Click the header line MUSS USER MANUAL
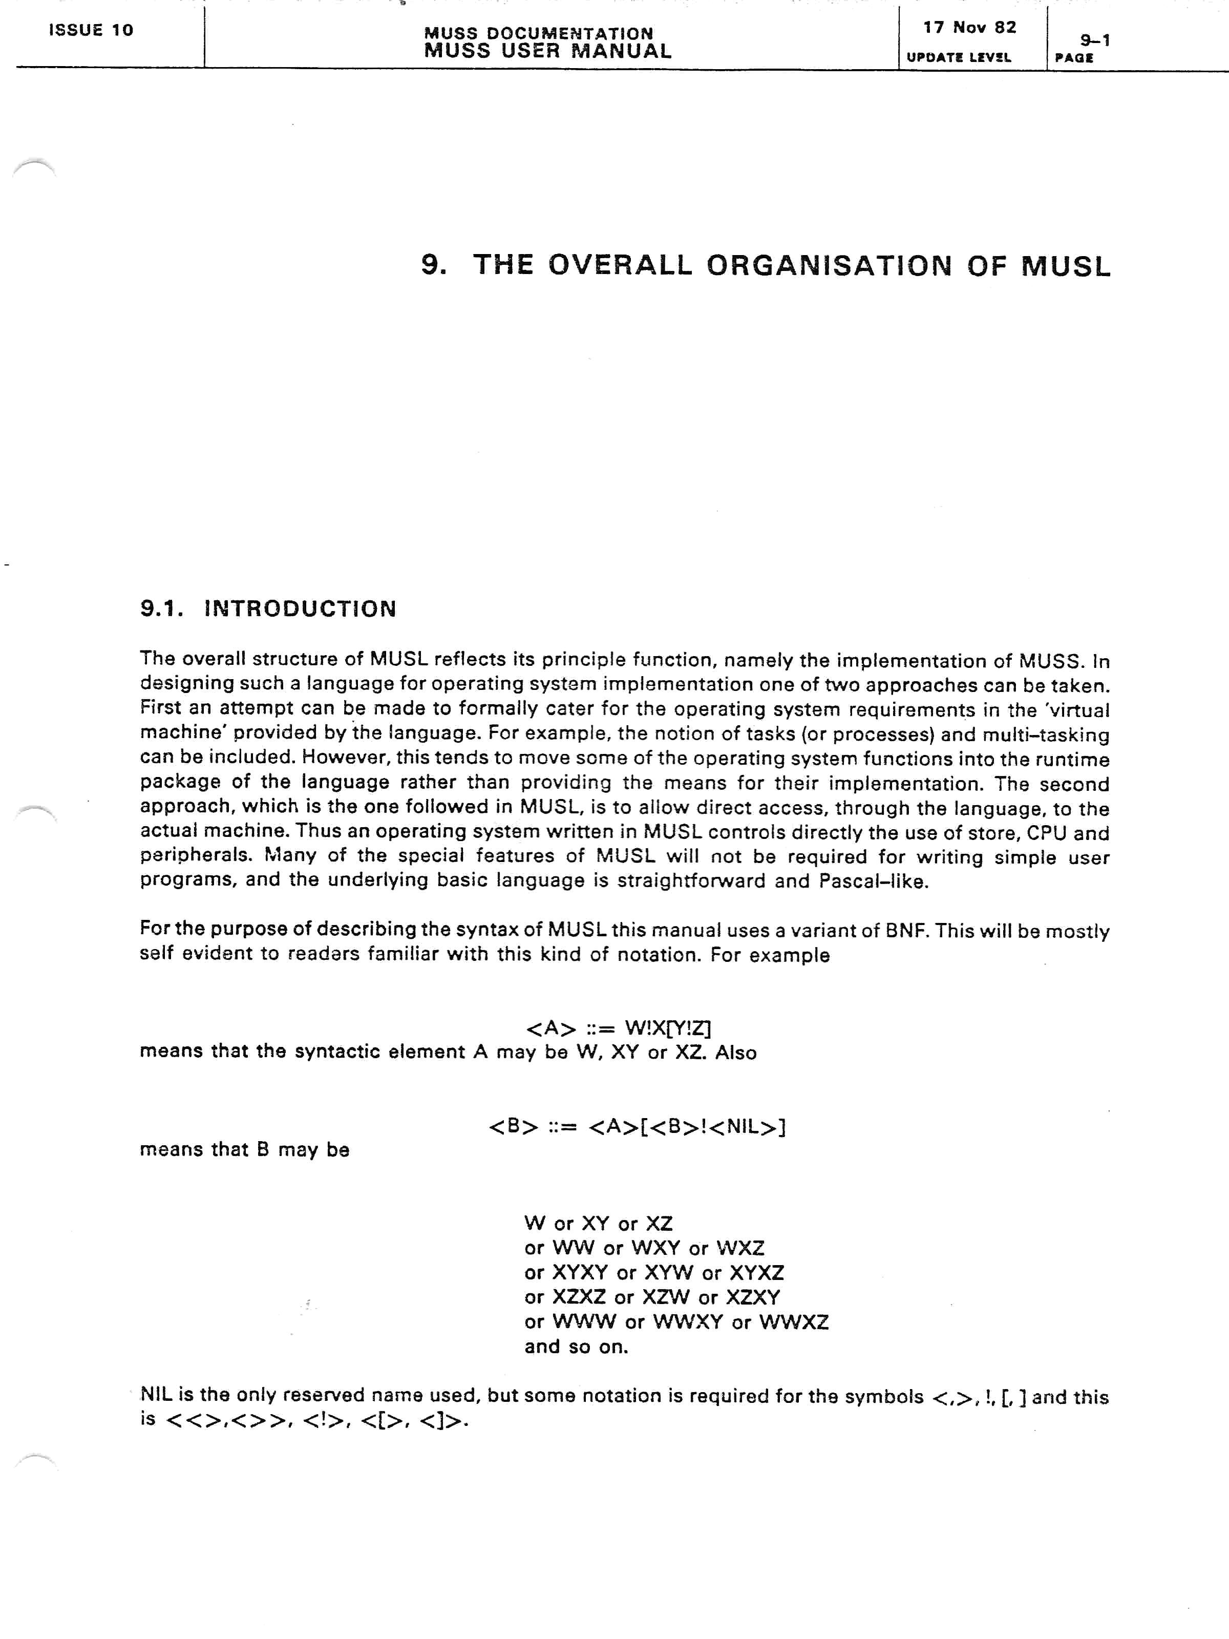(x=547, y=51)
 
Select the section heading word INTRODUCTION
(x=300, y=609)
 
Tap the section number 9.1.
(x=161, y=609)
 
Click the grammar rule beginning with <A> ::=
(x=618, y=1028)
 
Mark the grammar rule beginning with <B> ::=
(x=637, y=1127)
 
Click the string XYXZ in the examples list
(x=756, y=1273)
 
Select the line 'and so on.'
(x=576, y=1347)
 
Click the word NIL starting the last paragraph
(x=156, y=1395)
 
